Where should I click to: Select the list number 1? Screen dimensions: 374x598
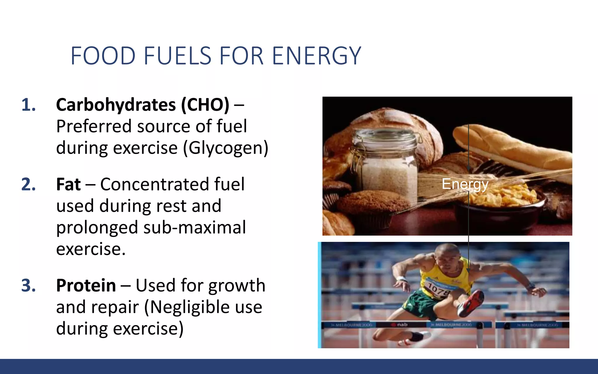[28, 105]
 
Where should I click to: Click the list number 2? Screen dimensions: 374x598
[28, 184]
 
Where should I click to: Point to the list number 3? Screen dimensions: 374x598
[28, 285]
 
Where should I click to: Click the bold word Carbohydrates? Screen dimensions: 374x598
[116, 105]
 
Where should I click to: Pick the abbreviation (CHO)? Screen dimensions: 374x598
[205, 105]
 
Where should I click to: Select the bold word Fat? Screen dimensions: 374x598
[68, 184]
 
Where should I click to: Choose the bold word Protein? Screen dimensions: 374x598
[86, 285]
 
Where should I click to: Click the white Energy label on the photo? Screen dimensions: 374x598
[465, 184]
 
